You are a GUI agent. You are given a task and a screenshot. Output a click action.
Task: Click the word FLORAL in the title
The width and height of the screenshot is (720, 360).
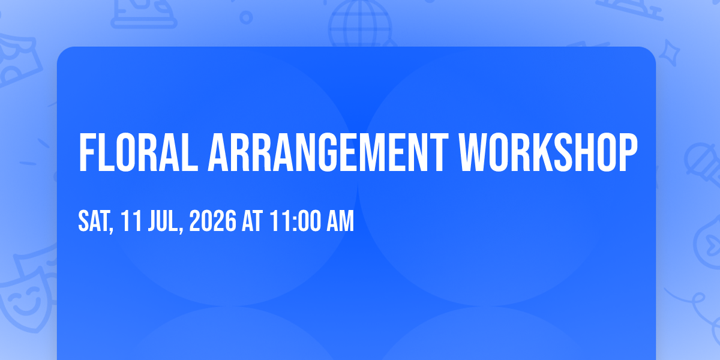coord(138,152)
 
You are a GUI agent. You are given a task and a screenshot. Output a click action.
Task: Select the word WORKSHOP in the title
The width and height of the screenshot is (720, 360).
coord(548,152)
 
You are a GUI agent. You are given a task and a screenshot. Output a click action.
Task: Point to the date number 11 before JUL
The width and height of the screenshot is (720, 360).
coord(131,221)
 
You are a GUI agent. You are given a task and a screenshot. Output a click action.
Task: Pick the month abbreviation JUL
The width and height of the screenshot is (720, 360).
coord(163,221)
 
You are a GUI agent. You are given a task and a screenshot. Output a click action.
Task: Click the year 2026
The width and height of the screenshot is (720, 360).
coord(213,221)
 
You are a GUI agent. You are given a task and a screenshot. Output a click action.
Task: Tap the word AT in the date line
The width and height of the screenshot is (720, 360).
coord(253,221)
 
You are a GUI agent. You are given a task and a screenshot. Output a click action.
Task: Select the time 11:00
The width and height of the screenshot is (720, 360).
coord(295,221)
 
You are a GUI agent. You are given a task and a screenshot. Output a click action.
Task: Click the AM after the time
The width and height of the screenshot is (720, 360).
coord(340,221)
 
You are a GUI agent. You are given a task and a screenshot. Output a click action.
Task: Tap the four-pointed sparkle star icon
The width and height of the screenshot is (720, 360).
coord(670,53)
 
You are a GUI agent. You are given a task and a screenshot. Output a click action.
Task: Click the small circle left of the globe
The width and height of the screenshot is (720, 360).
coord(246,17)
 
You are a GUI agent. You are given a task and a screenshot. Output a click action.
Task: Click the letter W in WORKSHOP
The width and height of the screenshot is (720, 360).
coord(473,152)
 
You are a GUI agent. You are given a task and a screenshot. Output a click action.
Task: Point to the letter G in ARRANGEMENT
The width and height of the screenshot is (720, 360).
coord(331,152)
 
